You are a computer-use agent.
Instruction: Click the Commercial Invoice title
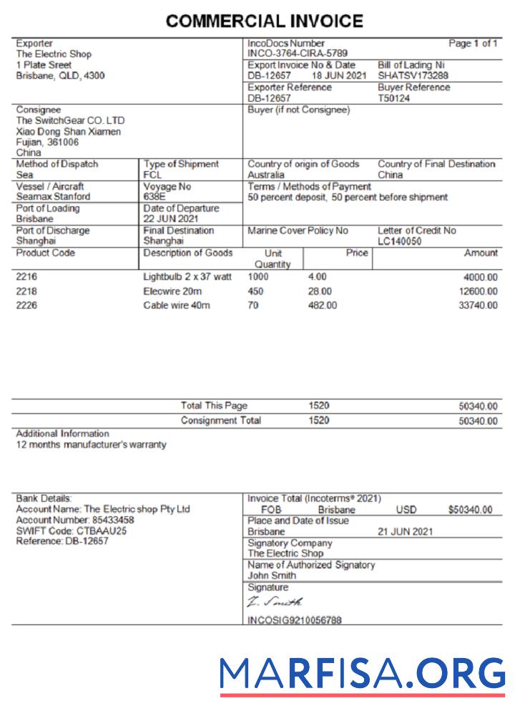pyautogui.click(x=264, y=21)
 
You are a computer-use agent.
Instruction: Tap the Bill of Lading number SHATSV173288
pyautogui.click(x=413, y=75)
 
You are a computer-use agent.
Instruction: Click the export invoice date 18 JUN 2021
pyautogui.click(x=338, y=75)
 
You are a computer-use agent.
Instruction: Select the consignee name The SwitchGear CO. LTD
pyautogui.click(x=70, y=121)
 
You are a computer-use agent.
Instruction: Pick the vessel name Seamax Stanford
pyautogui.click(x=53, y=197)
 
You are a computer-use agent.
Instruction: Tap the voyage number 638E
pyautogui.click(x=154, y=197)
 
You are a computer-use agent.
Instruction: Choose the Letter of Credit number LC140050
pyautogui.click(x=400, y=241)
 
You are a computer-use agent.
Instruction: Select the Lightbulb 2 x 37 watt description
pyautogui.click(x=187, y=276)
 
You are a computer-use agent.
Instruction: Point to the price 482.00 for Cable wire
pyautogui.click(x=321, y=306)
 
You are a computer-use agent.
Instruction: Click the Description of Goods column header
pyautogui.click(x=187, y=253)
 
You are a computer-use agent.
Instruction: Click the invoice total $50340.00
pyautogui.click(x=470, y=510)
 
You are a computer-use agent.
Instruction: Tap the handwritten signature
pyautogui.click(x=275, y=603)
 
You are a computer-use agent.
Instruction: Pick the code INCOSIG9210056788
pyautogui.click(x=294, y=620)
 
